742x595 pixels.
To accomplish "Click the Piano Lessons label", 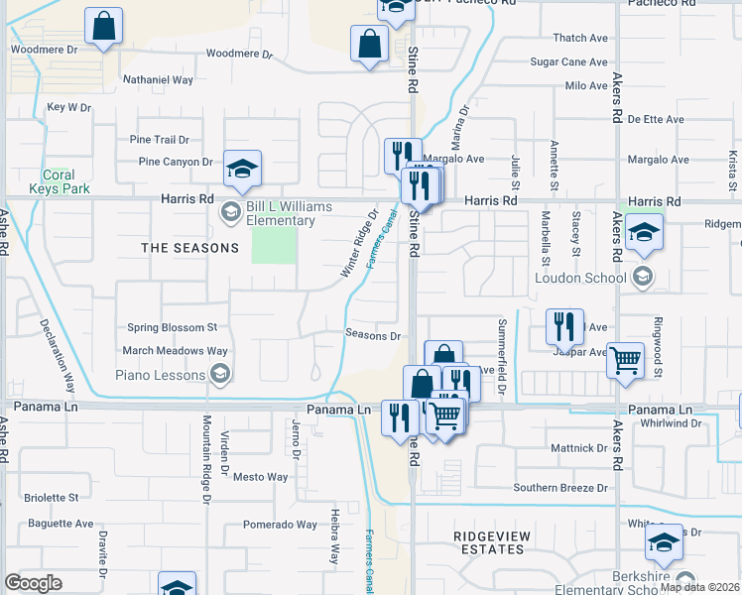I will click(161, 374).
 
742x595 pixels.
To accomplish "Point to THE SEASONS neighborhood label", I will click(189, 248).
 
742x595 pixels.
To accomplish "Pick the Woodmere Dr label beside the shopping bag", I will click(44, 49).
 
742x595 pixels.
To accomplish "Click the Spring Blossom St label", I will click(172, 327).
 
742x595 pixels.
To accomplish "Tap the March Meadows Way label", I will click(175, 350).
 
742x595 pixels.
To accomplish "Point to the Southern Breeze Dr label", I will click(559, 488).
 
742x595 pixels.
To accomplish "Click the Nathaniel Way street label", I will click(157, 79).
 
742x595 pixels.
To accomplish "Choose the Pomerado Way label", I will click(280, 525).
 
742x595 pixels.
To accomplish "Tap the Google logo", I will click(33, 583).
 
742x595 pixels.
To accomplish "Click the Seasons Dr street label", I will click(372, 335).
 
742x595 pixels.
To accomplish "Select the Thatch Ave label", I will click(579, 38).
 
